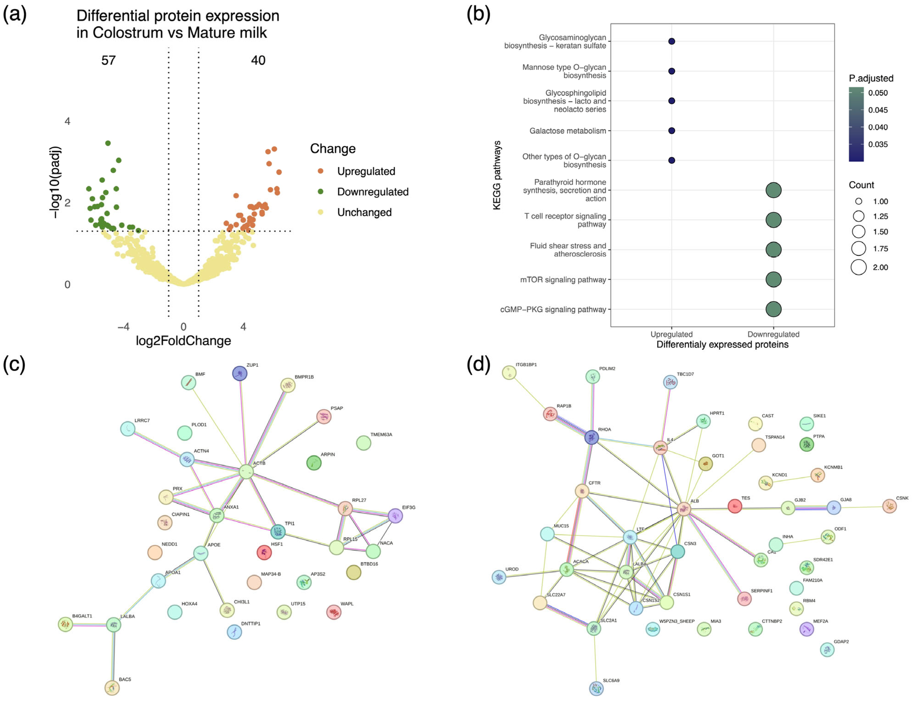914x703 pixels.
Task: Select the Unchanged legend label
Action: pos(364,213)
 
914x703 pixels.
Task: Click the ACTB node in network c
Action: pos(246,472)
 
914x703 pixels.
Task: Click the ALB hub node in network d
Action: pos(684,509)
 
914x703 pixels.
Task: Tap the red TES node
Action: pos(735,506)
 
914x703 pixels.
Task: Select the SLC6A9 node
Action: pos(596,688)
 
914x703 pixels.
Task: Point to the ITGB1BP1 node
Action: pos(509,372)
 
